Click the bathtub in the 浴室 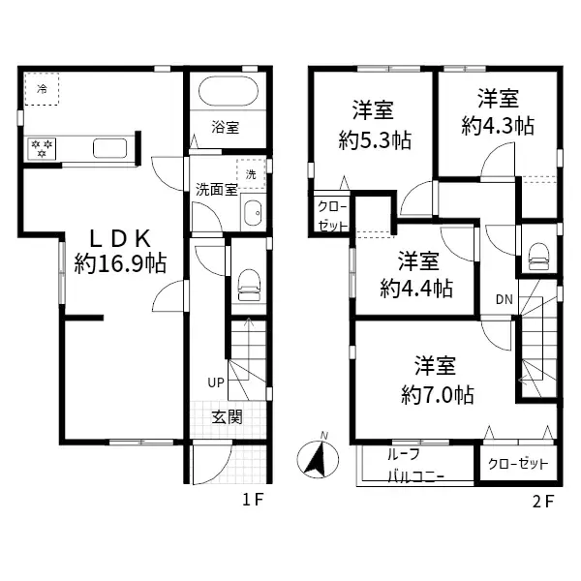[x=227, y=96]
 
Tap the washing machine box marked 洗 [x=252, y=174]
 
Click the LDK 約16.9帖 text [x=120, y=251]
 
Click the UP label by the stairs [x=215, y=382]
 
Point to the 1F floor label [x=253, y=501]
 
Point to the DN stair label [x=505, y=299]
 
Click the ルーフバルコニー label [x=415, y=465]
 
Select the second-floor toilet [x=537, y=257]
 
